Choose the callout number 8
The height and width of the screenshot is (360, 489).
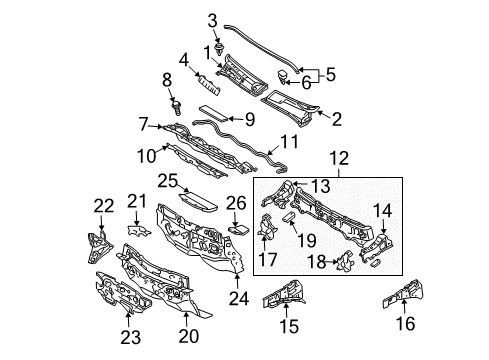[167, 78]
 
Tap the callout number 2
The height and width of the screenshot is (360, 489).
[336, 120]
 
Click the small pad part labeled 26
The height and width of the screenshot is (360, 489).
[238, 228]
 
